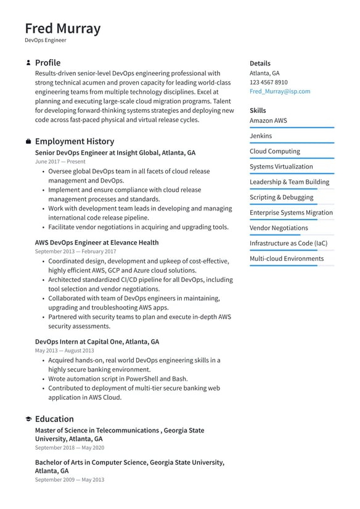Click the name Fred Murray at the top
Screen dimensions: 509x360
[62, 28]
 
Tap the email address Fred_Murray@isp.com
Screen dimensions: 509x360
[280, 91]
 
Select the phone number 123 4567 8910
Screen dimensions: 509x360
[268, 82]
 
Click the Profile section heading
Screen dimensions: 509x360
[47, 63]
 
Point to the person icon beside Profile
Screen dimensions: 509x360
[28, 63]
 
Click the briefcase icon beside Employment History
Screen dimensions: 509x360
[28, 142]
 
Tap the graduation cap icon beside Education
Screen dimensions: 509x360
[28, 419]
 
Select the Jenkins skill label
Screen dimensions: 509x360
[261, 136]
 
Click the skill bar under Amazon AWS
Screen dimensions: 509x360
[292, 128]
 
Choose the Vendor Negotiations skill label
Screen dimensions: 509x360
[279, 228]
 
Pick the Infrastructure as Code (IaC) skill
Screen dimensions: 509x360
[288, 243]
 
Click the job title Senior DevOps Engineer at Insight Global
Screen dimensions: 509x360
[115, 152]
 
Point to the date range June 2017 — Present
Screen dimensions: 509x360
[60, 162]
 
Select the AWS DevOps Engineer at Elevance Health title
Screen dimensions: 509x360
[97, 242]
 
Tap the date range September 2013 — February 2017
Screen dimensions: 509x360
[75, 252]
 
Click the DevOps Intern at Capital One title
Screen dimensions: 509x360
[97, 341]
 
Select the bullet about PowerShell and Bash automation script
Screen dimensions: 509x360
[118, 379]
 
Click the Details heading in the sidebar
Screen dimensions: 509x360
[260, 64]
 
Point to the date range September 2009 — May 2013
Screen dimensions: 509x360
[69, 479]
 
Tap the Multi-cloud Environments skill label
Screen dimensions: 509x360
[287, 259]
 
